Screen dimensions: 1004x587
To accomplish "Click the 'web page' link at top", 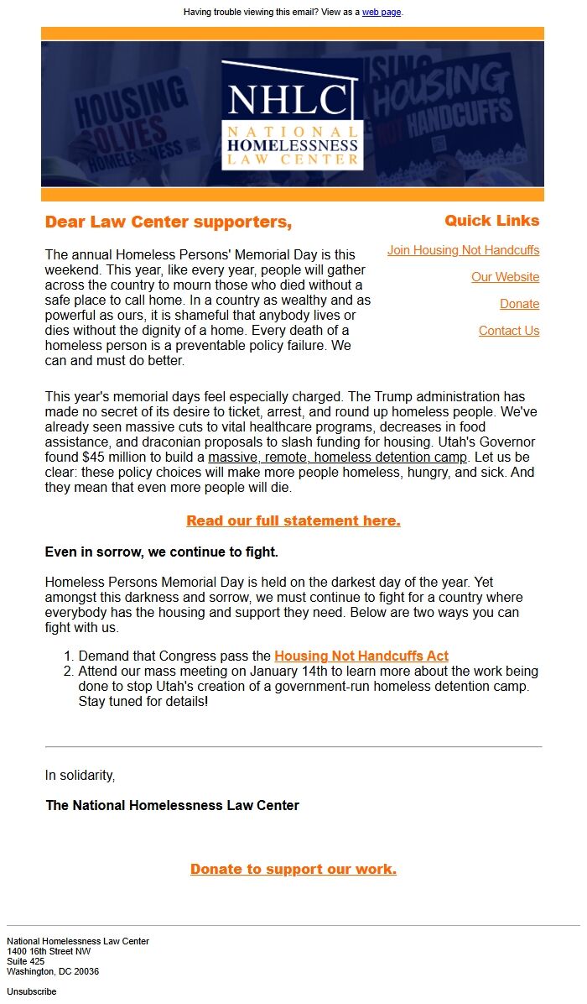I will (381, 12).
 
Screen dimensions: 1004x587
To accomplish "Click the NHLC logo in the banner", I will (293, 114).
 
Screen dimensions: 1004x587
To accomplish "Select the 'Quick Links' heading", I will (491, 221).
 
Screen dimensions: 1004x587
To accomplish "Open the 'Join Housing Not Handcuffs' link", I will (463, 250).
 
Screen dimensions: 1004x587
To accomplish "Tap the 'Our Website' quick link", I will (505, 277).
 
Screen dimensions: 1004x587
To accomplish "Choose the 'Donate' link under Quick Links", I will (519, 304).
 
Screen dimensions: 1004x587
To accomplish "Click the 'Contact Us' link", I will (508, 331).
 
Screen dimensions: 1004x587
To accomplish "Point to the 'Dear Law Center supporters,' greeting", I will (168, 222).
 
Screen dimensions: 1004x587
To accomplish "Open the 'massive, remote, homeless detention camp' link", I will (337, 458).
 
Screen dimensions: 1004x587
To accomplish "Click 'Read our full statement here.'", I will (293, 520).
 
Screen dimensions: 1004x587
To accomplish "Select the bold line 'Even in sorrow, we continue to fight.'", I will (161, 552).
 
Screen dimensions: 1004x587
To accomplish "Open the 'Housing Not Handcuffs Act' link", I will (361, 656).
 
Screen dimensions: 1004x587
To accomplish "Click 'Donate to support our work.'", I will (293, 869).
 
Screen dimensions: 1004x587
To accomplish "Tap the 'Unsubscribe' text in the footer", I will (32, 991).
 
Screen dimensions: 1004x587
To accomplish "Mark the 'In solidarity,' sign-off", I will (80, 776).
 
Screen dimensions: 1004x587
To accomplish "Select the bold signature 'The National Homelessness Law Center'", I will (172, 806).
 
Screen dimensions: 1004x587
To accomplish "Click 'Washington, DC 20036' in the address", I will (53, 971).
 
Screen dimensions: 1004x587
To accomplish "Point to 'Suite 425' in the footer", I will (26, 961).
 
